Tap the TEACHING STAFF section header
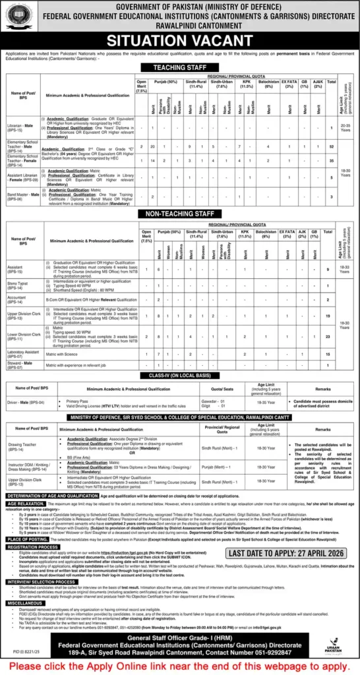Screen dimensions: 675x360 click(179, 69)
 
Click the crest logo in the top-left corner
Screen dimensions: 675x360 click(15, 14)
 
